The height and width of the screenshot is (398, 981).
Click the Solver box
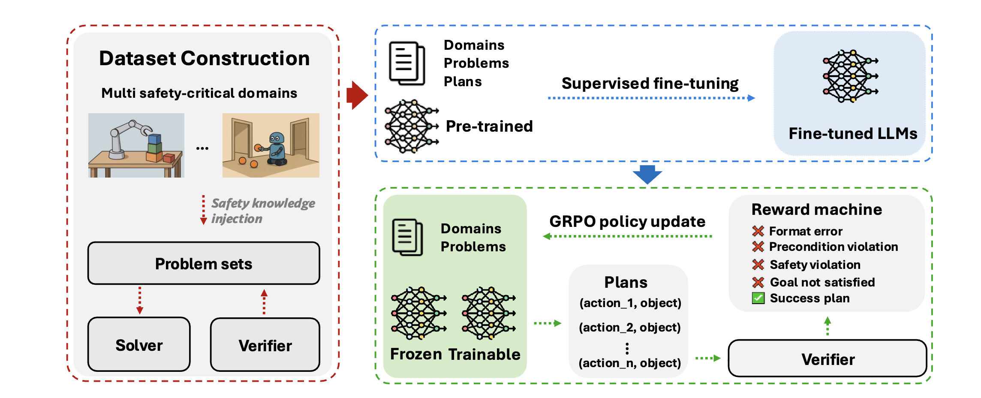point(139,345)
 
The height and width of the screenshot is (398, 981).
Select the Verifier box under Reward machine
point(827,359)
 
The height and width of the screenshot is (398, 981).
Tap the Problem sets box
point(204,263)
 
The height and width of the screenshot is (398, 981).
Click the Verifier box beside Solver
point(265,345)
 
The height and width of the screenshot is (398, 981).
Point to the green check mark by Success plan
point(758,298)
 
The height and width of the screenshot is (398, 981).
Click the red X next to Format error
point(758,231)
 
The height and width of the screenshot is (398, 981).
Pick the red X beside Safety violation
point(758,265)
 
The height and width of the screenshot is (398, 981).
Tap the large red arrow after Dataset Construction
point(357,95)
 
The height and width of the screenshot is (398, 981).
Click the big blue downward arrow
point(647,174)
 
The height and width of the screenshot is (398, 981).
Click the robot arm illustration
point(136,145)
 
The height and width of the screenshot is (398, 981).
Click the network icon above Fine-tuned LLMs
point(850,76)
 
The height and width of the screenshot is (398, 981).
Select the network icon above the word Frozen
point(418,314)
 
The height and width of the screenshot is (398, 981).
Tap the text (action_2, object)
point(629,327)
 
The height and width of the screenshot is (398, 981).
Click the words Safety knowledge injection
point(262,211)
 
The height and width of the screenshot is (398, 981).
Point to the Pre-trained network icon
point(411,126)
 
